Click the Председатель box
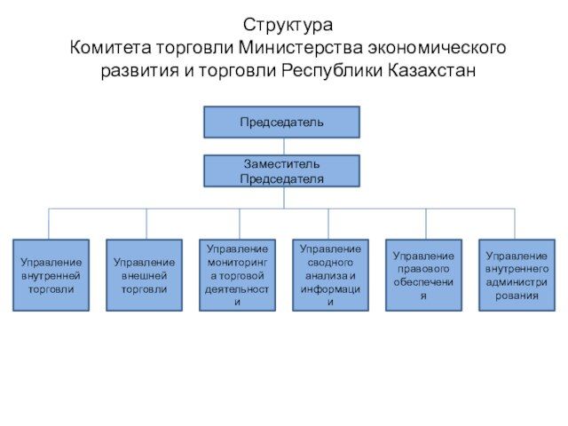coord(281,122)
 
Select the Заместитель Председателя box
coord(281,170)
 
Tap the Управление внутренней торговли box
coord(51,275)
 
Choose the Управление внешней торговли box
coord(144,275)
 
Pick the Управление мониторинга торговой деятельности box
coord(237,275)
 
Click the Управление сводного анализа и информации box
coord(330,275)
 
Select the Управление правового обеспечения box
coord(423,275)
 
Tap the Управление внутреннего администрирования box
coord(517,275)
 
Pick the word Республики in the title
coord(332,70)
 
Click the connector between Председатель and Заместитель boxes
coord(283,146)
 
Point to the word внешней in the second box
coord(144,275)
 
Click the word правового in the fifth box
coord(423,269)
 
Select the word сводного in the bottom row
coord(330,263)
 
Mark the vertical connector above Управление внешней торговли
coord(146,224)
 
